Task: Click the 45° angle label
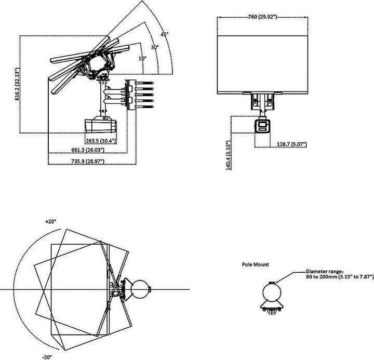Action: click(165, 34)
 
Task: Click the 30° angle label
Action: click(154, 47)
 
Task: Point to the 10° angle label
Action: click(142, 58)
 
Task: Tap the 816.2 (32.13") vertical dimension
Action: click(17, 85)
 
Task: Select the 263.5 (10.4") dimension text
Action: click(100, 141)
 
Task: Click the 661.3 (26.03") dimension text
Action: click(87, 150)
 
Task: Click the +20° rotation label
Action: click(50, 221)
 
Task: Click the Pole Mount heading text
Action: click(256, 264)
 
